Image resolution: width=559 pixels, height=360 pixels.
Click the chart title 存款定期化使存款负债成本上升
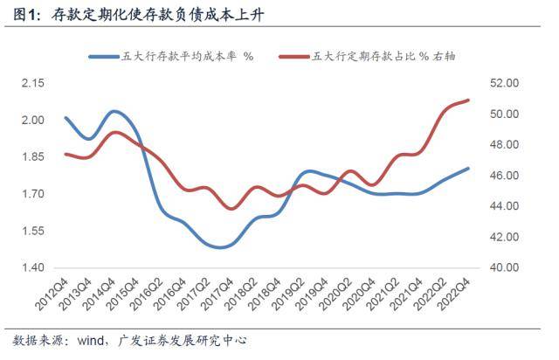tap(157, 15)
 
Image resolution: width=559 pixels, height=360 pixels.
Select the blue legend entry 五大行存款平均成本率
tap(171, 57)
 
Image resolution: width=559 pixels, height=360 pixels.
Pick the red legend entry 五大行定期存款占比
tap(367, 57)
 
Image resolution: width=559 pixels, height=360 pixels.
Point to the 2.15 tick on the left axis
tap(33, 83)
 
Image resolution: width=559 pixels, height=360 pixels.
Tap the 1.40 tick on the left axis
tap(33, 267)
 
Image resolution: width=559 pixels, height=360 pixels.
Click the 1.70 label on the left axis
tap(33, 194)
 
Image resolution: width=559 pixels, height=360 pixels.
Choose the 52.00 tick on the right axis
tap(504, 83)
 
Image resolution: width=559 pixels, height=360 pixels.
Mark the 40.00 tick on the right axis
tap(504, 267)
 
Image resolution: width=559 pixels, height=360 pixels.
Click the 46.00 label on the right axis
tap(504, 175)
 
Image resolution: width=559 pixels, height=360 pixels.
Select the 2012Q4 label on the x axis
tap(52, 294)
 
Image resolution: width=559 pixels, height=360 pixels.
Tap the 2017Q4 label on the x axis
tap(217, 294)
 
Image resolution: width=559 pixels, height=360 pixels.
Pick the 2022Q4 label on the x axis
tap(454, 294)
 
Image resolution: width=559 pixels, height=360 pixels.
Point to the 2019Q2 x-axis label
tap(288, 294)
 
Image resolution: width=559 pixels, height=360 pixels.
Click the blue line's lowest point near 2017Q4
tap(220, 247)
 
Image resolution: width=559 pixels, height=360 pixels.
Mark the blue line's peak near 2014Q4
tap(114, 112)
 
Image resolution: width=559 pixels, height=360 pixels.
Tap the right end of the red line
tap(468, 100)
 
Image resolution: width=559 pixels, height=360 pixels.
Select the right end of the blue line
tap(468, 169)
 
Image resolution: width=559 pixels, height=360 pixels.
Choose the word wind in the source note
tap(90, 340)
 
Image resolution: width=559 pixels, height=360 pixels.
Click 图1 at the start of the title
tap(25, 15)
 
